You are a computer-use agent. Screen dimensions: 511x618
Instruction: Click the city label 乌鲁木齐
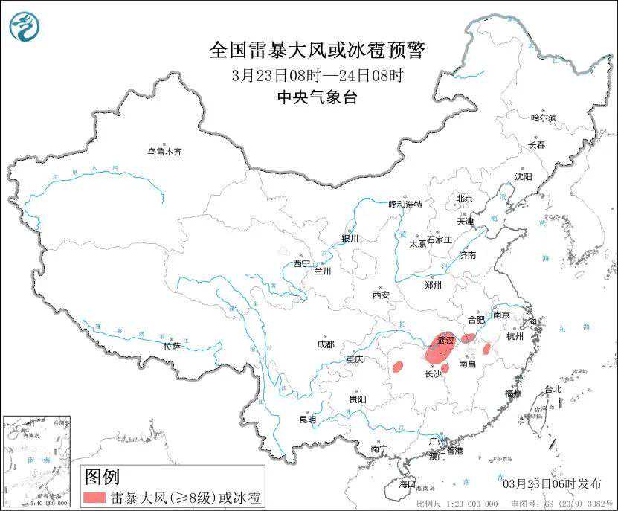click(164, 152)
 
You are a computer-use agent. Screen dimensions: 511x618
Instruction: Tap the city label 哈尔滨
click(543, 118)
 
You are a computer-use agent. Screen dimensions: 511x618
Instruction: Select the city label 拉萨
click(172, 347)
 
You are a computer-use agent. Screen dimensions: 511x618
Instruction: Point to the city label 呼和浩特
click(405, 204)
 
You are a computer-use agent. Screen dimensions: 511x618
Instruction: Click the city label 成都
click(325, 344)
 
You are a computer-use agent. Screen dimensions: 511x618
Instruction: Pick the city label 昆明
click(307, 420)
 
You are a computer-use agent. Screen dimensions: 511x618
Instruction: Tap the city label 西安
click(380, 295)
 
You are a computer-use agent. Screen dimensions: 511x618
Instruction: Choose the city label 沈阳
click(524, 176)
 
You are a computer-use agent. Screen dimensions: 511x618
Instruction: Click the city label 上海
click(530, 321)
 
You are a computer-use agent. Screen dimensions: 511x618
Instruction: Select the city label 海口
click(407, 483)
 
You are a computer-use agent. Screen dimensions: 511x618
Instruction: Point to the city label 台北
click(553, 389)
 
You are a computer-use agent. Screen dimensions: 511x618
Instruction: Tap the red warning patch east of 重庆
click(397, 366)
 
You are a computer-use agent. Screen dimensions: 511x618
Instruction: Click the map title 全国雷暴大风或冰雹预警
click(317, 51)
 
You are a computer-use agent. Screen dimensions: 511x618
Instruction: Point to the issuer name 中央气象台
click(317, 97)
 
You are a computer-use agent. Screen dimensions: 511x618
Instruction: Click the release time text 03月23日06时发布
click(552, 484)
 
